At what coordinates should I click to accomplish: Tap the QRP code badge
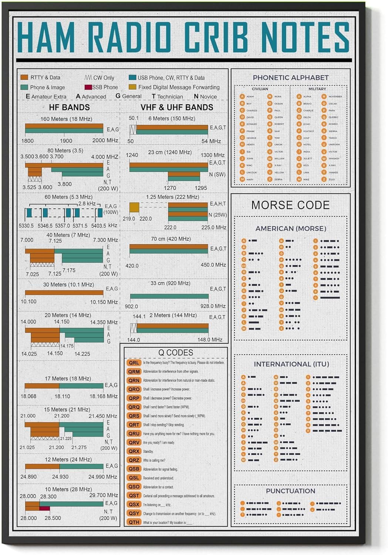134,398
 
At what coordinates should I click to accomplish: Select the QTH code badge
134,522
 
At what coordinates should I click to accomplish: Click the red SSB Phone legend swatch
88,87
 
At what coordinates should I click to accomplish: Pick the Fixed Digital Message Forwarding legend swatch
132,87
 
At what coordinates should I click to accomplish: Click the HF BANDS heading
69,107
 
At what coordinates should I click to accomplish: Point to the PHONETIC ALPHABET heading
290,78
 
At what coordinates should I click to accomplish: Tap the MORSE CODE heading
290,205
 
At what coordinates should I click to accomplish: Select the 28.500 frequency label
53,518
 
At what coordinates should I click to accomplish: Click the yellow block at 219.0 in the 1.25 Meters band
134,207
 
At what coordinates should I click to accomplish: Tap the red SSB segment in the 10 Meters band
45,508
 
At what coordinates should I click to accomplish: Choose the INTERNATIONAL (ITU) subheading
291,364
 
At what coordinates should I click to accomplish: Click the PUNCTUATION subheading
290,491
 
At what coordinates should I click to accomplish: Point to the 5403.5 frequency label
98,225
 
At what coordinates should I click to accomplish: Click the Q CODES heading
176,353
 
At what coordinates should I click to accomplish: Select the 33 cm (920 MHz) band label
170,283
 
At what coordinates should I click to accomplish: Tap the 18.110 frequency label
62,396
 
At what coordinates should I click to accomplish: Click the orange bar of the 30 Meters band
64,293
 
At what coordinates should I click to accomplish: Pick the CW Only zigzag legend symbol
88,78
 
